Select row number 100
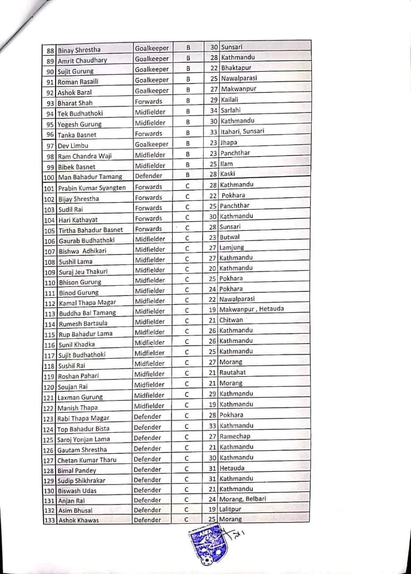(x=50, y=177)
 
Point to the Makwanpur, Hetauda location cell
(x=251, y=309)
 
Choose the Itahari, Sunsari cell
(x=242, y=132)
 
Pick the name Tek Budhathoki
(x=81, y=114)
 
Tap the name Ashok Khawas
(x=78, y=520)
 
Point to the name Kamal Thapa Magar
(x=87, y=303)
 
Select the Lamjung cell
(x=231, y=248)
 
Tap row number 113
(x=50, y=313)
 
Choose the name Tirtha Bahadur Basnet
(x=90, y=230)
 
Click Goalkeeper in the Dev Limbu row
(x=152, y=143)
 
